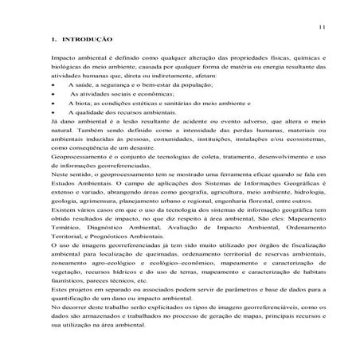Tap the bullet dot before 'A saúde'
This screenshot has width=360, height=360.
pos(52,83)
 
